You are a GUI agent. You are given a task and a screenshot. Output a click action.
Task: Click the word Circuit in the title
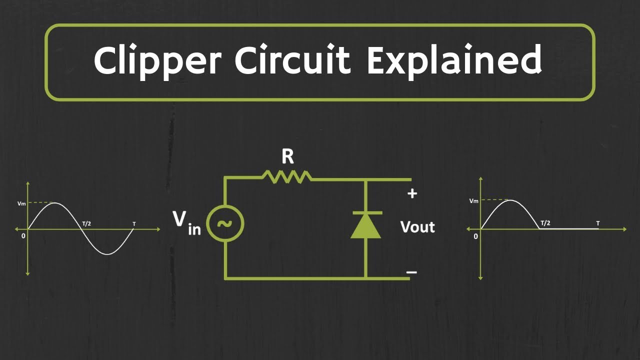(294, 60)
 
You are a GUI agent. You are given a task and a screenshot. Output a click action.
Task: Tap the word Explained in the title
(454, 61)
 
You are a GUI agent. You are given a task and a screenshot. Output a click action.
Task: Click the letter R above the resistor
(287, 157)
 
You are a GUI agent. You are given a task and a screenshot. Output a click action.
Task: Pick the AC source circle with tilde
(224, 223)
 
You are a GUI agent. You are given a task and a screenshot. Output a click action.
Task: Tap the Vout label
(417, 227)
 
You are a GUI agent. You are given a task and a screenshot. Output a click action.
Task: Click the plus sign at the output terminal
(412, 194)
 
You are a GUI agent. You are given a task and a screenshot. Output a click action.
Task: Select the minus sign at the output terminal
(411, 272)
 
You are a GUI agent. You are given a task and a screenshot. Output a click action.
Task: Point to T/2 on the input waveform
(86, 223)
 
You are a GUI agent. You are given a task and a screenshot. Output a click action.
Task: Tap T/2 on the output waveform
(545, 222)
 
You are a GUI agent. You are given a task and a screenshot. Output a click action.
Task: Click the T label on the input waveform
(133, 223)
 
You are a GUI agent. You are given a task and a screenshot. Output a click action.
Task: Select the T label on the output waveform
(598, 222)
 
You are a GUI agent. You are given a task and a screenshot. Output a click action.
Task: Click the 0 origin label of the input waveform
(23, 235)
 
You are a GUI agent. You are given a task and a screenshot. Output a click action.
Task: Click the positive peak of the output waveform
(509, 200)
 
